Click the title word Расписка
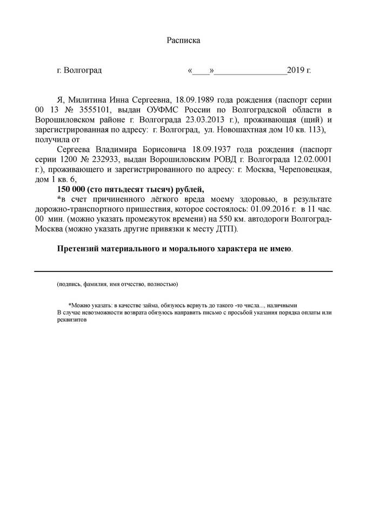pyautogui.click(x=183, y=40)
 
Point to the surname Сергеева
pyautogui.click(x=75, y=149)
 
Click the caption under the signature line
pyautogui.click(x=117, y=283)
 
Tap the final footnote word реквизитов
pyautogui.click(x=72, y=320)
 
